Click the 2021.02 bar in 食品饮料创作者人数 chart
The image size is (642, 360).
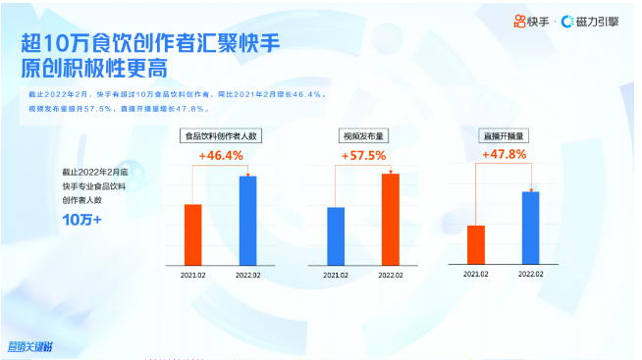tap(192, 233)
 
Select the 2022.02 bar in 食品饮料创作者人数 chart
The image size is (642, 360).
tap(248, 220)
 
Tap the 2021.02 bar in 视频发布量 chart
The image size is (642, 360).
tap(336, 235)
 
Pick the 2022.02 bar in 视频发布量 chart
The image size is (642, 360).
tap(391, 218)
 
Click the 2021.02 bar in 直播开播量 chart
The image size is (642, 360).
tap(476, 243)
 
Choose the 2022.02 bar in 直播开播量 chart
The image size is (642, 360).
tap(531, 227)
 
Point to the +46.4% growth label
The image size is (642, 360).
tap(221, 156)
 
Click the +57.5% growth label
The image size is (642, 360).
tap(363, 156)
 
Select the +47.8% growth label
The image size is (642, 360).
tap(504, 154)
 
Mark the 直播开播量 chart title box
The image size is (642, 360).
tap(504, 135)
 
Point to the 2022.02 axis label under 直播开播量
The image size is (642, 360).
tap(531, 273)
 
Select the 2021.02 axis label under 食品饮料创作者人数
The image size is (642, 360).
tap(193, 276)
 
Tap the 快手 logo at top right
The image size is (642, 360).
tap(530, 22)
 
